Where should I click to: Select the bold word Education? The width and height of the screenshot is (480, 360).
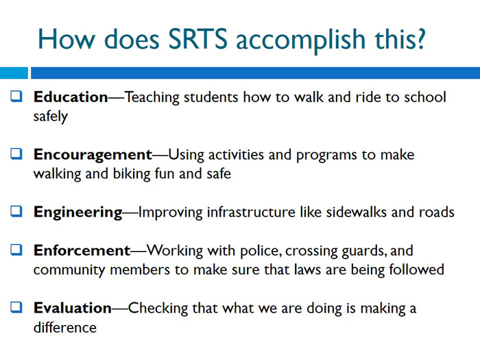(x=71, y=97)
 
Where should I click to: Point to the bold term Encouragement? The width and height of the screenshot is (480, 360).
(x=92, y=155)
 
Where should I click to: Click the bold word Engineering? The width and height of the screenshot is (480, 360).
(x=77, y=213)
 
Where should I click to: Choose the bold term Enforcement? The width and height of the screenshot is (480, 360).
(x=82, y=251)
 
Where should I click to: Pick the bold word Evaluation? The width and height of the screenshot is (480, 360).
(x=72, y=309)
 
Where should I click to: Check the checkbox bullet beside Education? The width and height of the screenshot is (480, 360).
(x=17, y=97)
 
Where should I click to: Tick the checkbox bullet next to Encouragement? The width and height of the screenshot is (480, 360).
(x=17, y=155)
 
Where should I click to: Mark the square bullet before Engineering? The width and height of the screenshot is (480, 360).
(x=17, y=213)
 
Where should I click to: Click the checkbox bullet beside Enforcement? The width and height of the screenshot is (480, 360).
(x=17, y=251)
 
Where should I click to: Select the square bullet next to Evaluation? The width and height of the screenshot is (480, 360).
(x=17, y=309)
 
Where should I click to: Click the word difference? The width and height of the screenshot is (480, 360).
(x=64, y=328)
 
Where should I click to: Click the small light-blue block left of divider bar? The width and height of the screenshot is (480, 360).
(x=13, y=73)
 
